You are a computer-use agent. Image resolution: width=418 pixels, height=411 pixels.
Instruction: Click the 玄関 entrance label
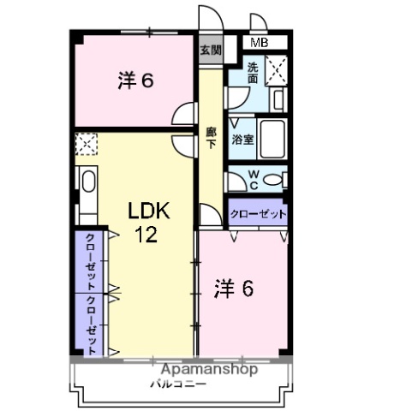tap(210, 50)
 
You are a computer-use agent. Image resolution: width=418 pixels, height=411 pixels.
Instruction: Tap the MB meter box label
tap(258, 42)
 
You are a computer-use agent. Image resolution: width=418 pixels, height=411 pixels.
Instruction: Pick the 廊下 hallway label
tap(211, 138)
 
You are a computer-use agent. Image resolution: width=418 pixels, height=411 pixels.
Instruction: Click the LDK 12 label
tap(144, 223)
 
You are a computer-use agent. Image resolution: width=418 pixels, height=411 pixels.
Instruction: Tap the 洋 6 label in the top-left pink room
tap(134, 82)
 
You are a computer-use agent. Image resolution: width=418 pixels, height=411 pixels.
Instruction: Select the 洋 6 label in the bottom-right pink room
tap(233, 289)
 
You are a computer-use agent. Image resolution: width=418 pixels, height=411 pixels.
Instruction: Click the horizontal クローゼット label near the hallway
tap(258, 214)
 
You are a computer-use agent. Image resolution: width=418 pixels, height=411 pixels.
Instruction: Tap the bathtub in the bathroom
tap(272, 136)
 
